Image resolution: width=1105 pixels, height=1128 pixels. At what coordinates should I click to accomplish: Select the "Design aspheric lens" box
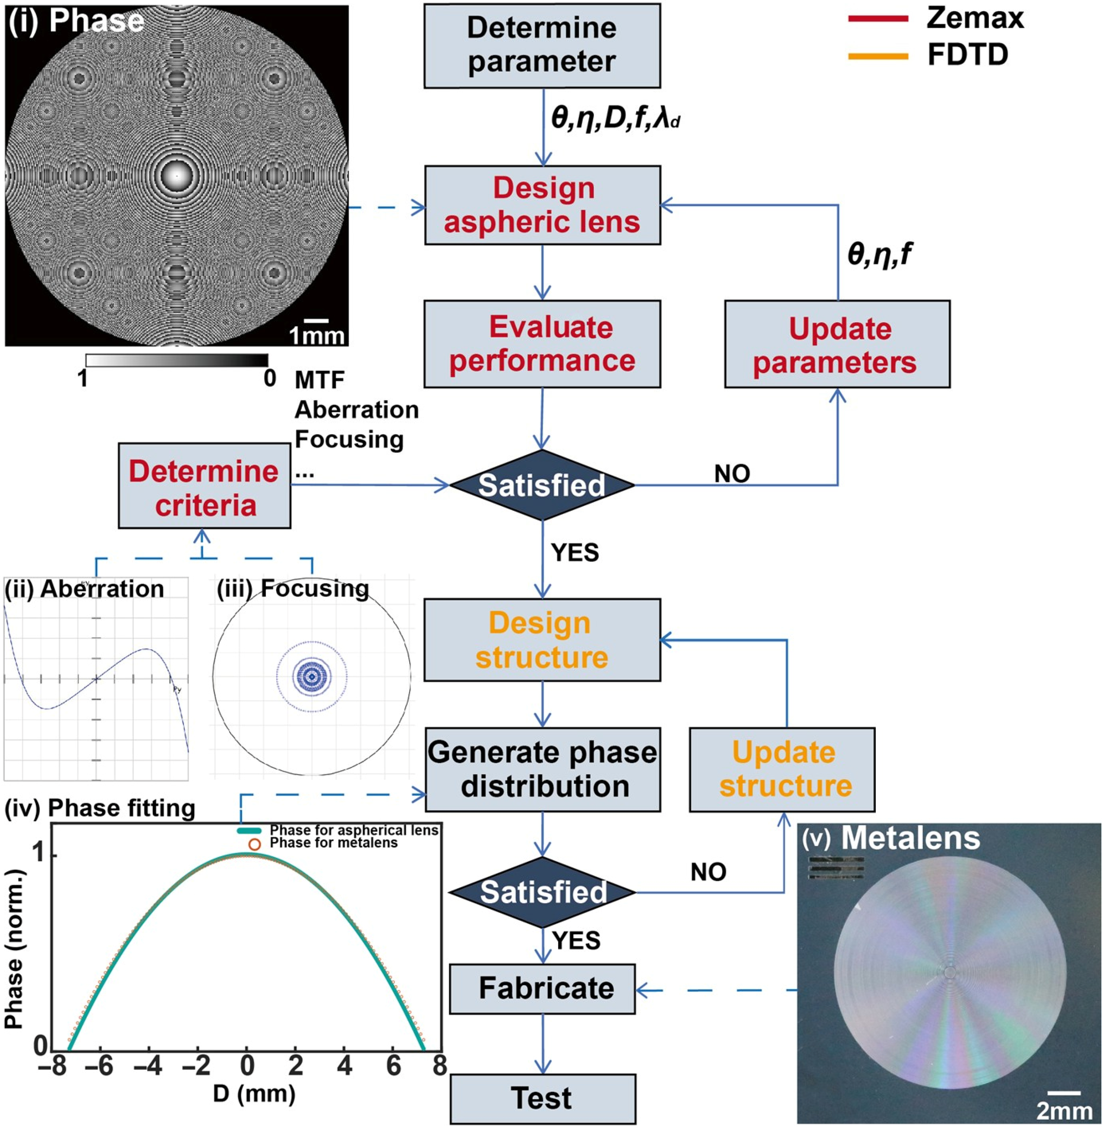tap(542, 205)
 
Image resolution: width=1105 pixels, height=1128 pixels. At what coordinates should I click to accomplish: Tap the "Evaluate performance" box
tap(542, 343)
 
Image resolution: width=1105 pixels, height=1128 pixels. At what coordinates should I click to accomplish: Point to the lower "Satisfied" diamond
tap(543, 892)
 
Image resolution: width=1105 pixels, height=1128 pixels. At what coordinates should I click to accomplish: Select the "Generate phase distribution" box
tap(543, 769)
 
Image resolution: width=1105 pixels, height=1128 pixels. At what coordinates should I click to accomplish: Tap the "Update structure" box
tap(782, 769)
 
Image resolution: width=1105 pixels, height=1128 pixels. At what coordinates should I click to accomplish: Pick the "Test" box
tap(543, 1098)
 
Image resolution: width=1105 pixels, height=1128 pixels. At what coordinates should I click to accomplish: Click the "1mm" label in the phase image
tap(317, 336)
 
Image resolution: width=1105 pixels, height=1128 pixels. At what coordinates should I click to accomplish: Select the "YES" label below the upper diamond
tap(575, 553)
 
